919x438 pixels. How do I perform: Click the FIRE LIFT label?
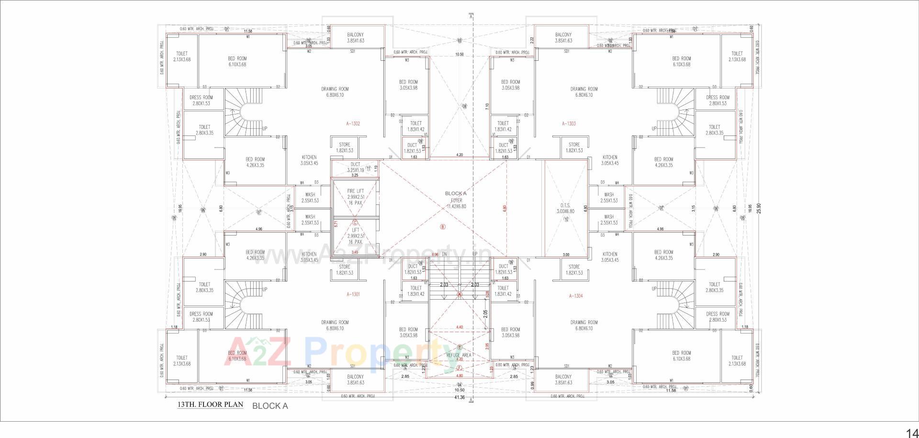pyautogui.click(x=355, y=191)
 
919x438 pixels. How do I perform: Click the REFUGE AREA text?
pyautogui.click(x=459, y=355)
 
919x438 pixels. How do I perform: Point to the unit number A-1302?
pyautogui.click(x=353, y=124)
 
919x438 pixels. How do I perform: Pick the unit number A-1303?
pyautogui.click(x=569, y=124)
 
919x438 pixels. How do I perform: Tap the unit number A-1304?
pyautogui.click(x=576, y=296)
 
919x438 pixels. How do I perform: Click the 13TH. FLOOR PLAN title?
pyautogui.click(x=210, y=404)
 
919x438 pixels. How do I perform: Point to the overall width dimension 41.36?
pyautogui.click(x=459, y=397)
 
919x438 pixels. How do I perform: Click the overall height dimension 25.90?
pyautogui.click(x=758, y=209)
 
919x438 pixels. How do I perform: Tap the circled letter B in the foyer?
pyautogui.click(x=443, y=227)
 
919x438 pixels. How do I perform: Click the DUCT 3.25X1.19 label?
pyautogui.click(x=355, y=167)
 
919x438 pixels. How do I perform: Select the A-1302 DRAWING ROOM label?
pyautogui.click(x=335, y=92)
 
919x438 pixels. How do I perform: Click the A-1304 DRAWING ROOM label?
pyautogui.click(x=583, y=326)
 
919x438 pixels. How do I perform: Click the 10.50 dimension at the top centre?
pyautogui.click(x=459, y=55)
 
